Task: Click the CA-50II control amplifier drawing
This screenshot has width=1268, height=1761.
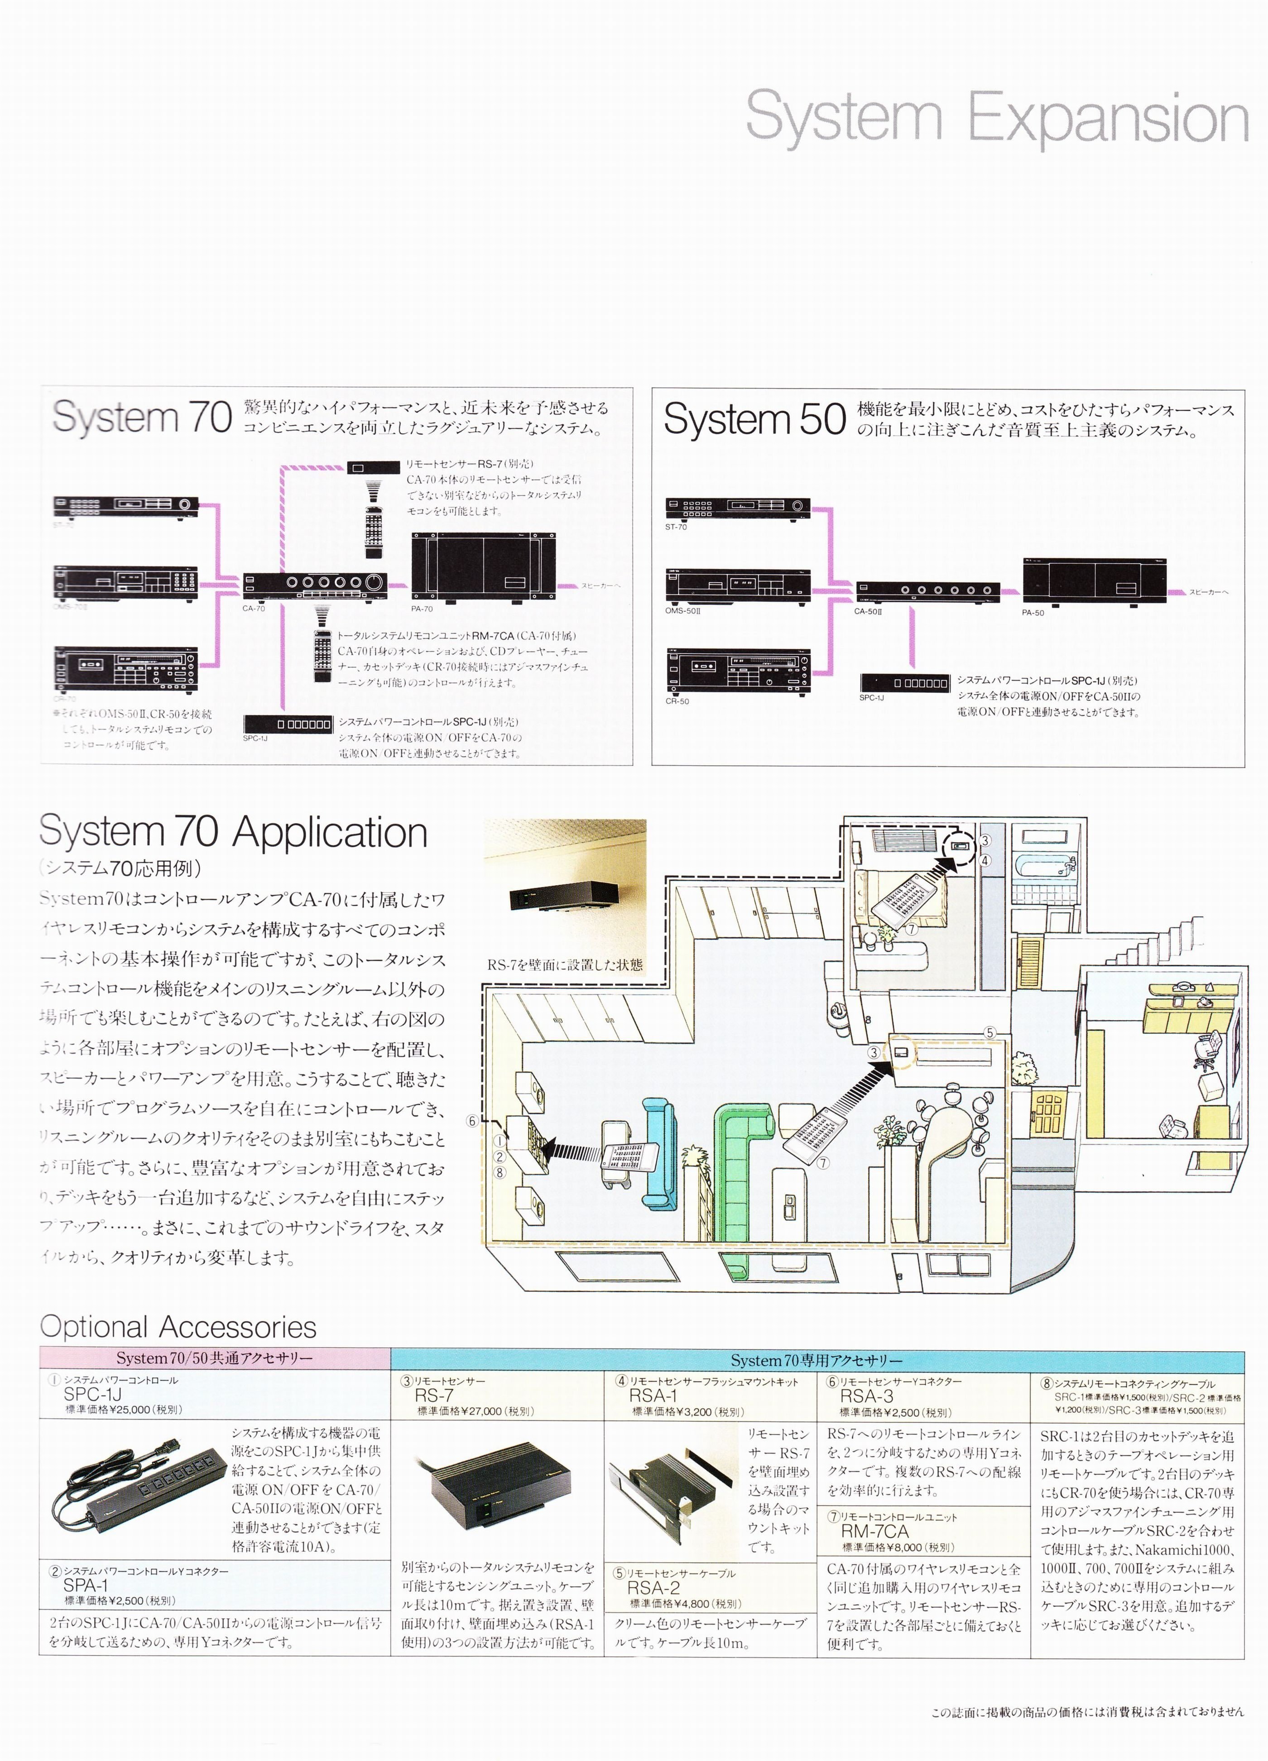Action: point(927,592)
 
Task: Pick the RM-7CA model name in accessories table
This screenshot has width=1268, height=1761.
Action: point(874,1531)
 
